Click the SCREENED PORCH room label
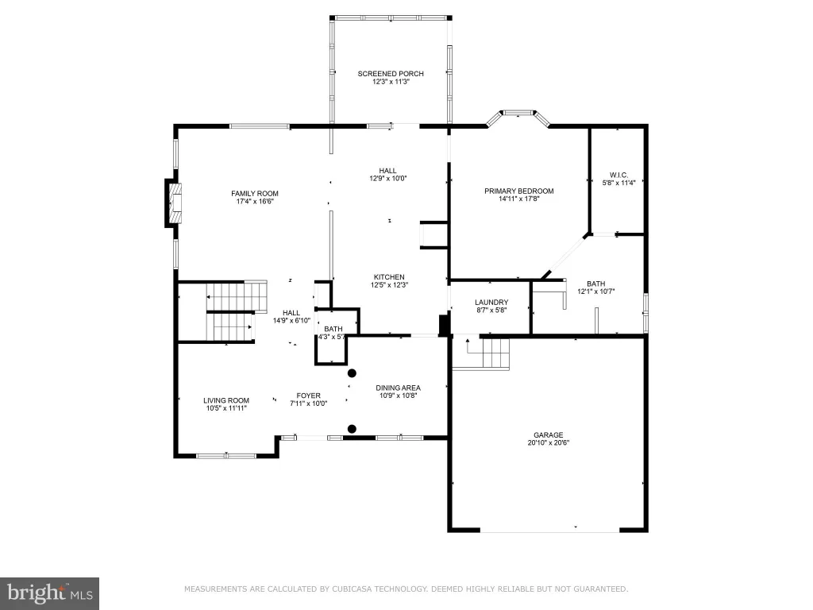tap(391, 74)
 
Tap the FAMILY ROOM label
tap(255, 194)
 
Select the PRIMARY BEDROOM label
tap(519, 191)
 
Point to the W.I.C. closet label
tap(618, 176)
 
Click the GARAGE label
tap(549, 435)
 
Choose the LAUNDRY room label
tap(491, 303)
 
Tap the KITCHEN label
tap(389, 277)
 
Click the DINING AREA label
tap(399, 388)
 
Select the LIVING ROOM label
tap(226, 400)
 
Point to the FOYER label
tap(309, 396)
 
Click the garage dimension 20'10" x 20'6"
tap(549, 443)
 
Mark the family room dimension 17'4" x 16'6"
tap(255, 201)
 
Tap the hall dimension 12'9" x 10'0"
tap(387, 179)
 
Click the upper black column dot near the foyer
tap(352, 373)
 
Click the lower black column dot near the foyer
tap(352, 429)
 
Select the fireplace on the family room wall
tap(174, 203)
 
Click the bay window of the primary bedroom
tap(518, 117)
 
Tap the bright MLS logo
tap(49, 593)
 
